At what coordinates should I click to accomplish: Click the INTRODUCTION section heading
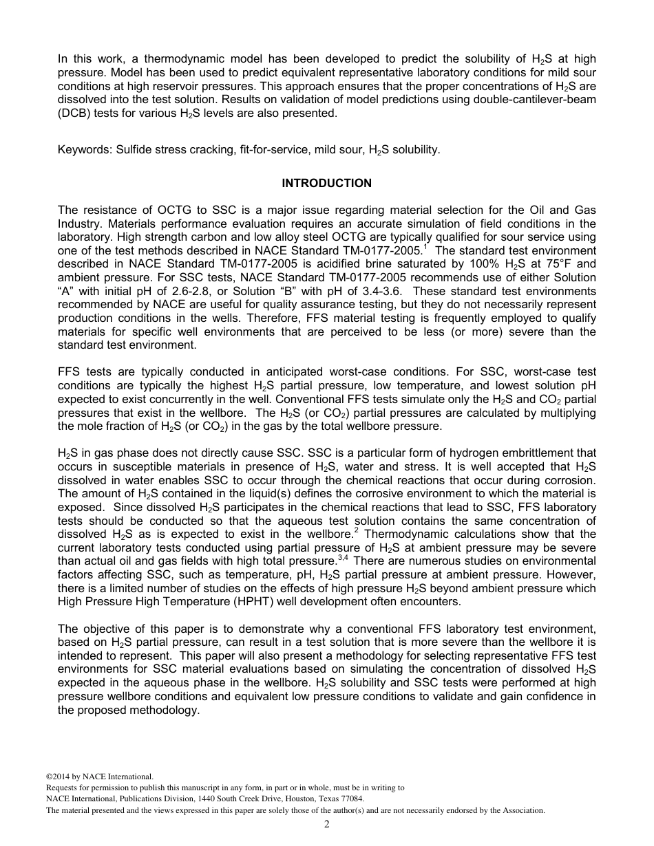(326, 183)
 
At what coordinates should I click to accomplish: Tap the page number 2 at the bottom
(327, 824)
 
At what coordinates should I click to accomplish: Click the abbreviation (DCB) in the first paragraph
(72, 113)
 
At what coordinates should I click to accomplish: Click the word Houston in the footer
(299, 799)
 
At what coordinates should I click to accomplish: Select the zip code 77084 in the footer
(350, 799)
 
